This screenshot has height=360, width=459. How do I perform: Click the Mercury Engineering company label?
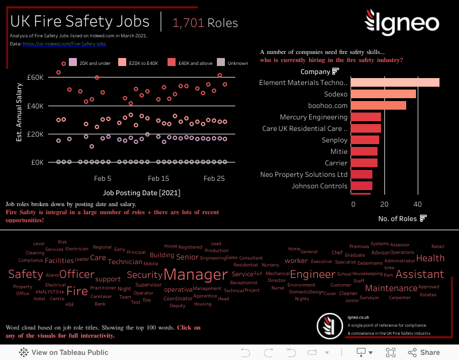click(313, 117)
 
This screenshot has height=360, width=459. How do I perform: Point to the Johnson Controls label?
click(319, 186)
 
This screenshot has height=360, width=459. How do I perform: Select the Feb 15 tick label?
click(158, 179)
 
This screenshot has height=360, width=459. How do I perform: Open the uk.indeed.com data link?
click(64, 44)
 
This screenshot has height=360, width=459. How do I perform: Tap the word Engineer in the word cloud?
click(312, 274)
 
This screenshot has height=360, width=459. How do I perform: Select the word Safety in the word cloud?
click(25, 274)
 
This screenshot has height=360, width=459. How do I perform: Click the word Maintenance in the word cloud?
click(391, 288)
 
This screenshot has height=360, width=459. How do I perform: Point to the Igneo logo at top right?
click(402, 22)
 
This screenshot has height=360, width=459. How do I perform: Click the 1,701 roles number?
click(188, 23)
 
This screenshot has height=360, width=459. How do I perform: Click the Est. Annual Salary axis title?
click(19, 112)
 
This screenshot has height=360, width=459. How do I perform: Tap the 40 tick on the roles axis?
click(418, 204)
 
